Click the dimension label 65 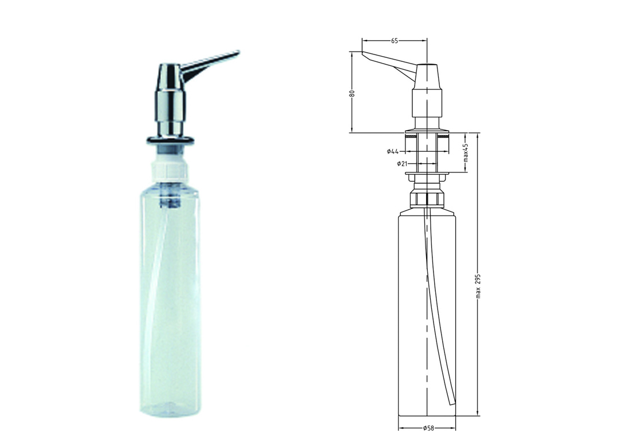[394, 41]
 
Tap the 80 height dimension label [352, 93]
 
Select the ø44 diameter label [392, 151]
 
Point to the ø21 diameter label [402, 163]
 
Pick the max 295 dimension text [478, 286]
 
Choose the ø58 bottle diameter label [428, 429]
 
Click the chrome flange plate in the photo [171, 140]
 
